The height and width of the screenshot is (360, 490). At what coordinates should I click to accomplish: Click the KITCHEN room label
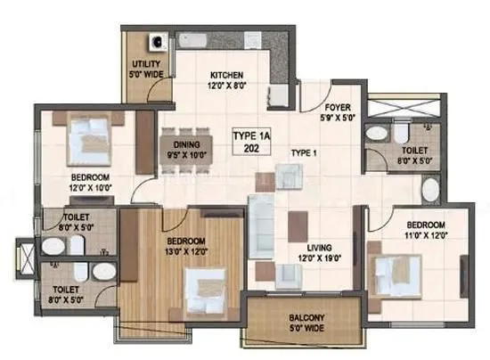226,75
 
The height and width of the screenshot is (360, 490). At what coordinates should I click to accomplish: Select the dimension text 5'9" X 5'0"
337,115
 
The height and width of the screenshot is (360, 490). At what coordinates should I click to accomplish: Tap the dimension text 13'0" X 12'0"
188,252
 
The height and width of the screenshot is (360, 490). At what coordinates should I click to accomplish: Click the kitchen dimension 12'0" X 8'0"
227,86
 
